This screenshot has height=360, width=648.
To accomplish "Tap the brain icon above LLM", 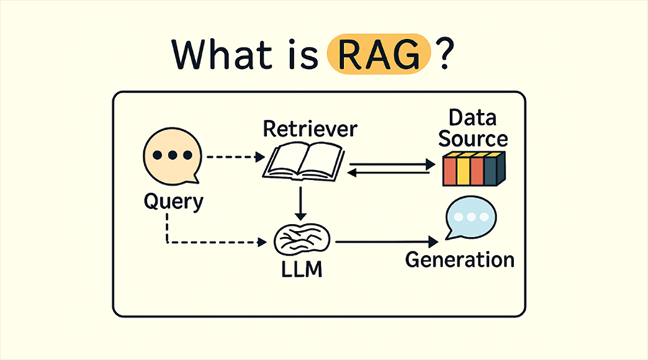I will [x=302, y=239].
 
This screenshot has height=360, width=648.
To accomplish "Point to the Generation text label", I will [x=460, y=259].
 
